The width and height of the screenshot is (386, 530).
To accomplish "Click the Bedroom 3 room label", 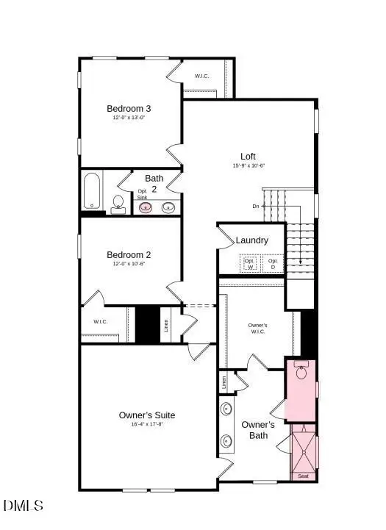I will click(x=129, y=109).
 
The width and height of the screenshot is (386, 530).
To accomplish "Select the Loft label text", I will click(x=249, y=156).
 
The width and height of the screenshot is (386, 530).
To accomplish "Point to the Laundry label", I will click(x=251, y=240).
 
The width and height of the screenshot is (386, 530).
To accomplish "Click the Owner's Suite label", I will click(x=147, y=415).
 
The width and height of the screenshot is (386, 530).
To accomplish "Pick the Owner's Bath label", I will click(x=258, y=430).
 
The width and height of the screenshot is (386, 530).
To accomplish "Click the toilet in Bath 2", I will click(x=118, y=204).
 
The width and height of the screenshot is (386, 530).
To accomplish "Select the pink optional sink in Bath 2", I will click(x=146, y=207).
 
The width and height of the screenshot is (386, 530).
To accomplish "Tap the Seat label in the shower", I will click(x=303, y=476).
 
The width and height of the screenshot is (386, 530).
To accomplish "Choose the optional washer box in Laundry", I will click(x=249, y=262).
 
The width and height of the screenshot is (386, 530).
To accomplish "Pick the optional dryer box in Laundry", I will click(x=273, y=262).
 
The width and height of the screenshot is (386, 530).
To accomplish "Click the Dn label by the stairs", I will click(x=256, y=206).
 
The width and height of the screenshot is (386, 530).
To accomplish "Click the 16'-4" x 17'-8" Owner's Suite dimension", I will click(x=147, y=425).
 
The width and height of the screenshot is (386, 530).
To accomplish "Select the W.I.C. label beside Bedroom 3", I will click(x=203, y=76).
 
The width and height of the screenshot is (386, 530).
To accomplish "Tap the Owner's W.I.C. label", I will click(x=257, y=328).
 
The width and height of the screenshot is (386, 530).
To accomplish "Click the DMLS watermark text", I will click(x=24, y=505).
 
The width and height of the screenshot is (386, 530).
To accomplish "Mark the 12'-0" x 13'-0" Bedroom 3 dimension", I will click(x=129, y=118).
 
